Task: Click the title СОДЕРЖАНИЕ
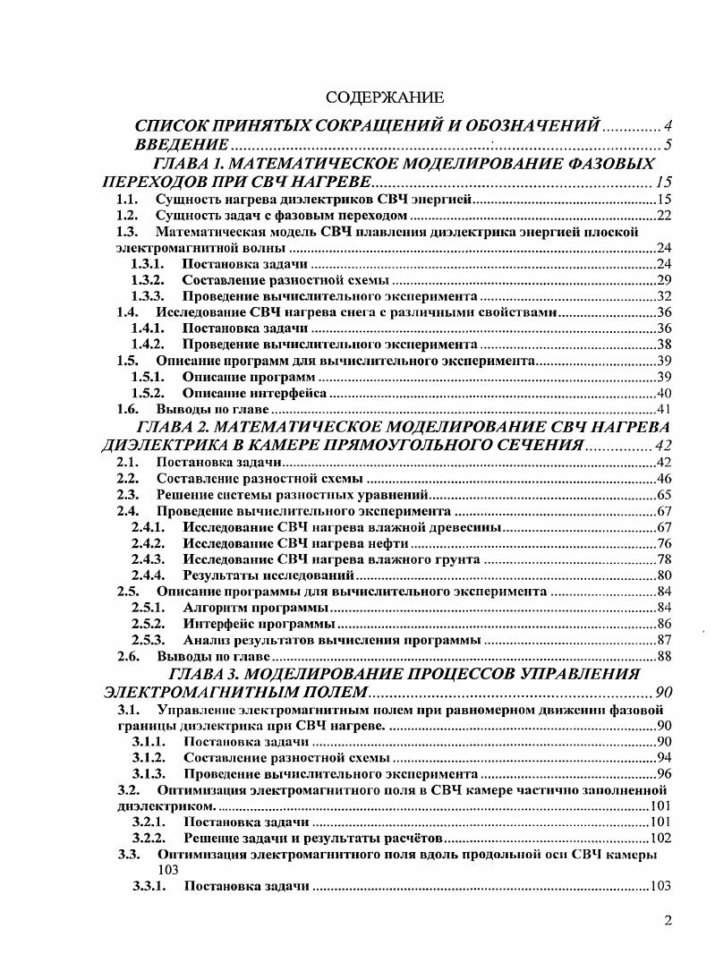pos(384,96)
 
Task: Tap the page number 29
pos(664,279)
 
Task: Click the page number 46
pos(664,479)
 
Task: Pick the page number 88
pos(664,656)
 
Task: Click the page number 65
pos(664,495)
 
